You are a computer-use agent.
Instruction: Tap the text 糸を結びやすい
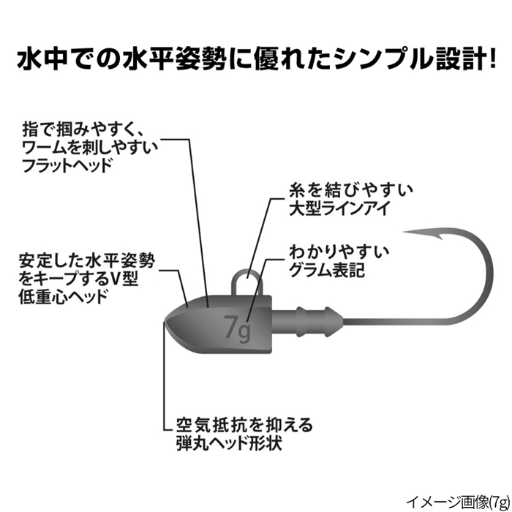[x=342, y=189]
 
